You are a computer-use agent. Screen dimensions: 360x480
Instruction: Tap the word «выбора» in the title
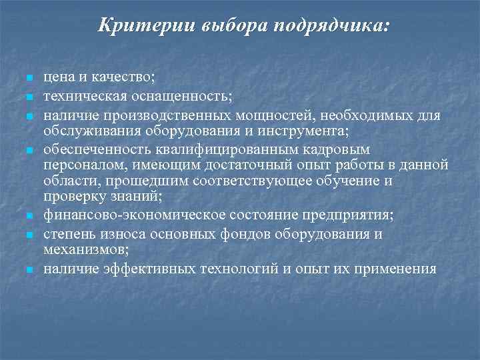[x=227, y=27]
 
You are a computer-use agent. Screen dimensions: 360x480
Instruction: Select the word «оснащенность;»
[x=187, y=97]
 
